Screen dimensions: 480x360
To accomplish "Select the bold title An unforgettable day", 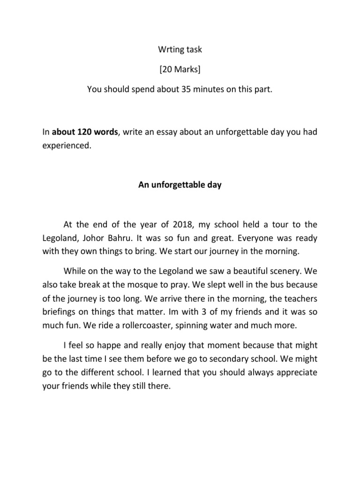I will coord(180,185).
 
